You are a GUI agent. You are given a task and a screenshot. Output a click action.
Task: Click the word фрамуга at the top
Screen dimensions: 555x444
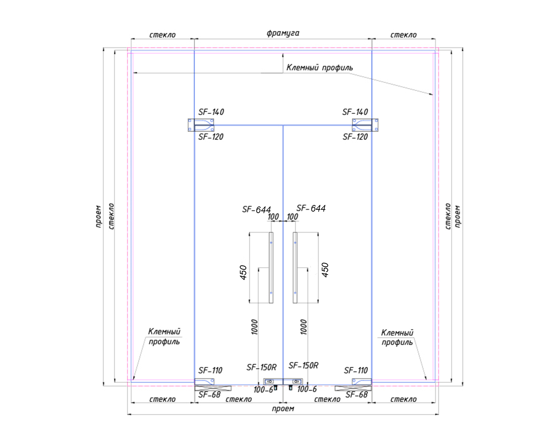[283, 33]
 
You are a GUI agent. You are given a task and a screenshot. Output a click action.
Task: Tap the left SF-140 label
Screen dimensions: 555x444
[211, 112]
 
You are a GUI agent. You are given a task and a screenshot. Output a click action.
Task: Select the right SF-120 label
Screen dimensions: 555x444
[355, 137]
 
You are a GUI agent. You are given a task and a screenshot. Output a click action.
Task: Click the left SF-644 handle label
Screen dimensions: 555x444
[256, 209]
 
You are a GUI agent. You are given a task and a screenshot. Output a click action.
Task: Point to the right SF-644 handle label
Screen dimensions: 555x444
[311, 208]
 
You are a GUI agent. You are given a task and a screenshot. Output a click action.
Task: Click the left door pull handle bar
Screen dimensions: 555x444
[271, 268]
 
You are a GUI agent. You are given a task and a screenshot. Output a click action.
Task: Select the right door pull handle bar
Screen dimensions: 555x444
[295, 268]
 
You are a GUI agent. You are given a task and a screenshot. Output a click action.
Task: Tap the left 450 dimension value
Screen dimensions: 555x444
[243, 272]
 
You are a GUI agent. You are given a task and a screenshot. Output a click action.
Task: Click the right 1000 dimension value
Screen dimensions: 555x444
[303, 327]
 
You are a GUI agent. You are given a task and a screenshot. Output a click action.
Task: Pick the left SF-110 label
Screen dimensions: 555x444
[210, 370]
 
